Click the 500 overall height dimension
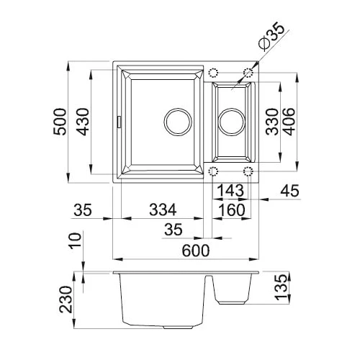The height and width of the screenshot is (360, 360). click(x=60, y=122)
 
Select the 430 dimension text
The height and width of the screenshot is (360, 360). click(x=82, y=122)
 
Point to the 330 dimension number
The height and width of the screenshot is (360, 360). click(x=272, y=122)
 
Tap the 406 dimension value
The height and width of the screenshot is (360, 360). click(x=289, y=122)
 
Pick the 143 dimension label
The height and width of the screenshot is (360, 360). click(x=230, y=190)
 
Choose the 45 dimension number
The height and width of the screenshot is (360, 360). click(x=290, y=191)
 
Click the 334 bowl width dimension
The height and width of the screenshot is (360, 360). click(x=163, y=210)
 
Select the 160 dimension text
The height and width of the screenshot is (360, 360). click(x=232, y=210)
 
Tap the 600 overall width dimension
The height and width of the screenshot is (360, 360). click(x=196, y=251)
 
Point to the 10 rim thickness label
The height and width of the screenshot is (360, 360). click(x=75, y=240)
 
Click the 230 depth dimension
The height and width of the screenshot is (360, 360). click(x=66, y=300)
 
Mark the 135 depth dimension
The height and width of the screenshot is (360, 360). click(x=281, y=287)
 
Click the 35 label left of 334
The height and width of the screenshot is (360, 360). click(x=83, y=210)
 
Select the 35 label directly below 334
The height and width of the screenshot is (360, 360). click(x=174, y=229)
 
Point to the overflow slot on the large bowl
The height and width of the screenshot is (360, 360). click(x=119, y=122)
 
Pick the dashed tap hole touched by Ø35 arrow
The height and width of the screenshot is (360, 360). click(x=248, y=72)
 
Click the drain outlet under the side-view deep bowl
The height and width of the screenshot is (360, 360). click(x=178, y=327)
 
